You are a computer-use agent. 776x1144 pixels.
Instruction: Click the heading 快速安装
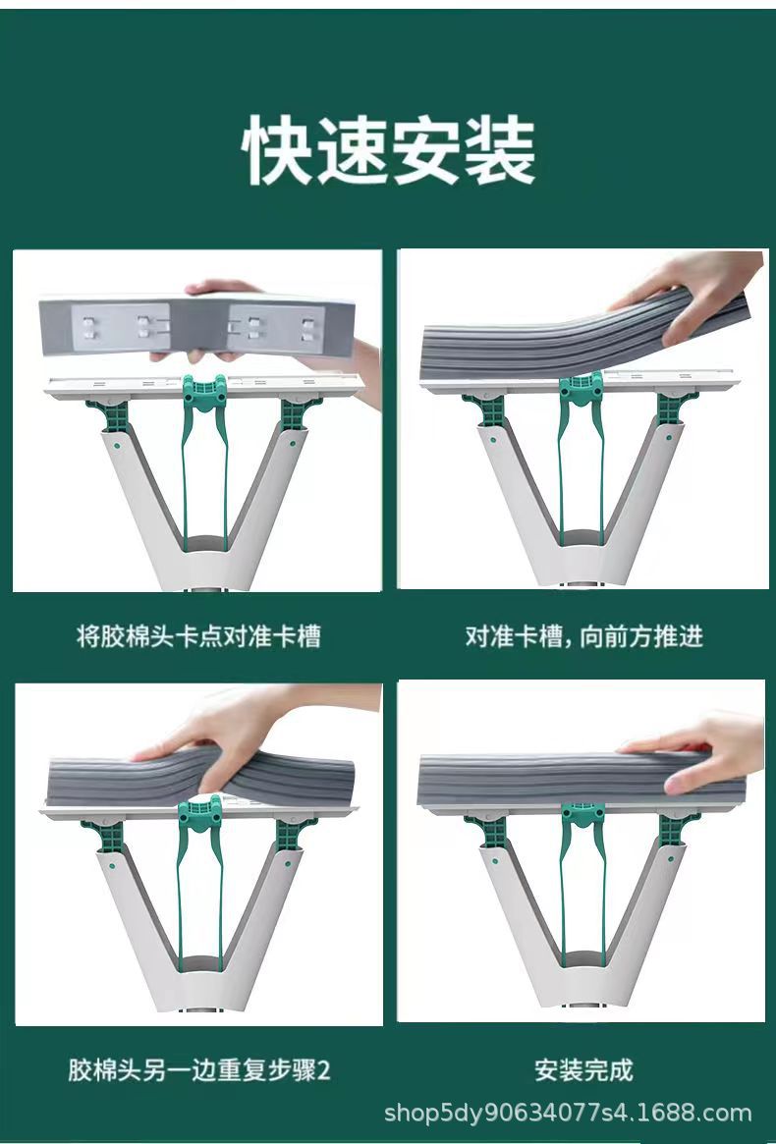pyautogui.click(x=389, y=151)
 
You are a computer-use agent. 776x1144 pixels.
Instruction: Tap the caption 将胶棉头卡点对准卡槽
pyautogui.click(x=198, y=636)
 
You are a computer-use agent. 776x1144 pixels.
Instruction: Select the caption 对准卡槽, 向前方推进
pyautogui.click(x=583, y=636)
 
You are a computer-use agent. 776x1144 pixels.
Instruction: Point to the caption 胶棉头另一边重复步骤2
pyautogui.click(x=198, y=1069)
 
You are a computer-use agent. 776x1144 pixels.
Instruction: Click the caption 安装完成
pyautogui.click(x=583, y=1069)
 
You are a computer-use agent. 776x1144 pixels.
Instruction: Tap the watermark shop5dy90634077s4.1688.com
pyautogui.click(x=567, y=1114)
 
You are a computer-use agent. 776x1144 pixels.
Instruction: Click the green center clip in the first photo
pyautogui.click(x=204, y=394)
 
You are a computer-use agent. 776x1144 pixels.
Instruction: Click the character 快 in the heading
pyautogui.click(x=278, y=151)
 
